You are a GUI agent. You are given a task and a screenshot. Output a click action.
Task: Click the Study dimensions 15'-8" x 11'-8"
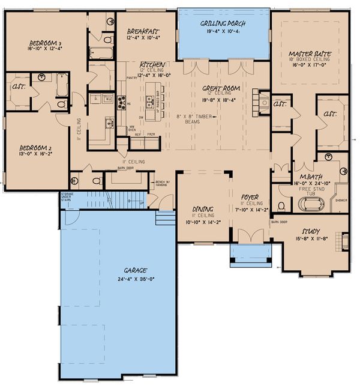tap(311, 238)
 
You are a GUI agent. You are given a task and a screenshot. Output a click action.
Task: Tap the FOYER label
tap(249, 196)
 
